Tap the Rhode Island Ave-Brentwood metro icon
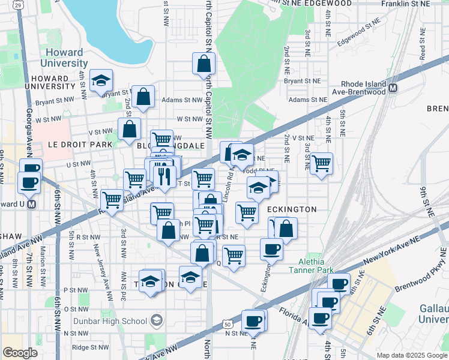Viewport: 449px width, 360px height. pyautogui.click(x=394, y=88)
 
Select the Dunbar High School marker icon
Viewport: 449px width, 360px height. pyautogui.click(x=157, y=320)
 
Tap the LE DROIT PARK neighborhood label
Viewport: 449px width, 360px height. pyautogui.click(x=71, y=145)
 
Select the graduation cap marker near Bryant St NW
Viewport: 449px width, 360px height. pyautogui.click(x=101, y=80)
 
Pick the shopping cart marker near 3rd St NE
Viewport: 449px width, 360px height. pyautogui.click(x=322, y=163)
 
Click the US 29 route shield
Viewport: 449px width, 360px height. pyautogui.click(x=19, y=4)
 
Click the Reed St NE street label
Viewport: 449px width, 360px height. pyautogui.click(x=423, y=48)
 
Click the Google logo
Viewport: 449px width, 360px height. pyautogui.click(x=20, y=353)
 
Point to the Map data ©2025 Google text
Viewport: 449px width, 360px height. pyautogui.click(x=411, y=355)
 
